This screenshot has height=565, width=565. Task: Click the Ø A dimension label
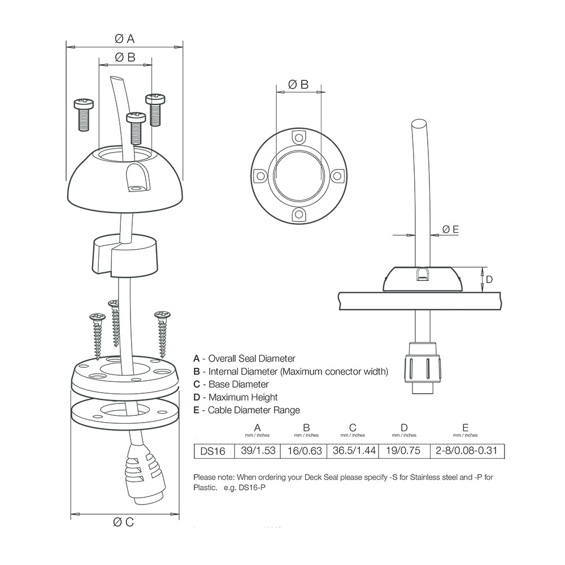click(x=124, y=38)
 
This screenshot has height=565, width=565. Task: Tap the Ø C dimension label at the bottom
click(x=124, y=522)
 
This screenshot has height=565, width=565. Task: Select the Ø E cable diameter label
click(x=450, y=229)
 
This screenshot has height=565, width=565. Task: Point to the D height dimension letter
click(x=489, y=279)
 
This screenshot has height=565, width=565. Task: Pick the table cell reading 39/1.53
click(x=258, y=451)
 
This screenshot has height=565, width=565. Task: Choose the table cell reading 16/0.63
click(x=305, y=451)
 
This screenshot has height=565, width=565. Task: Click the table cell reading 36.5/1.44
click(x=355, y=451)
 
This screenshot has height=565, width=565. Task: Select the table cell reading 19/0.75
click(x=404, y=451)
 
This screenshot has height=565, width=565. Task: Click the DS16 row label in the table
click(x=213, y=451)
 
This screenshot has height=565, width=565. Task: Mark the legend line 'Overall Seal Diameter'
click(x=245, y=358)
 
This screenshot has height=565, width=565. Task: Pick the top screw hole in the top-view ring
click(x=298, y=137)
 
